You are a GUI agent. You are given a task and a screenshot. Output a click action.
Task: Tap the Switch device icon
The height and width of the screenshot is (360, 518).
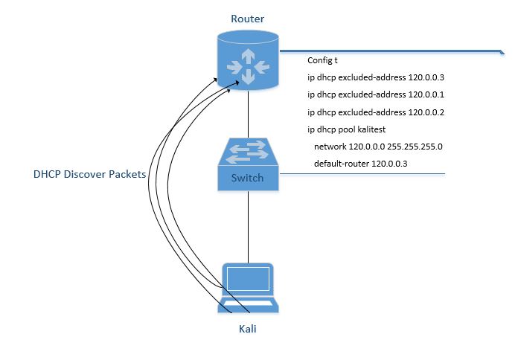[x=248, y=164]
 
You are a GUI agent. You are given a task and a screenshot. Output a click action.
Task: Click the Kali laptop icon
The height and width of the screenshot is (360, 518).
[x=248, y=287]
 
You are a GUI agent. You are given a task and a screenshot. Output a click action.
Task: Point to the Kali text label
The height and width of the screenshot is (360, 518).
[x=248, y=327]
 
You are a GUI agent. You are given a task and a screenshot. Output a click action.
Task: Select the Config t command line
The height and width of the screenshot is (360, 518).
[x=323, y=60]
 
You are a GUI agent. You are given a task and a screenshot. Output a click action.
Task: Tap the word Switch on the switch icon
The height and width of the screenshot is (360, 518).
[x=247, y=179]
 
